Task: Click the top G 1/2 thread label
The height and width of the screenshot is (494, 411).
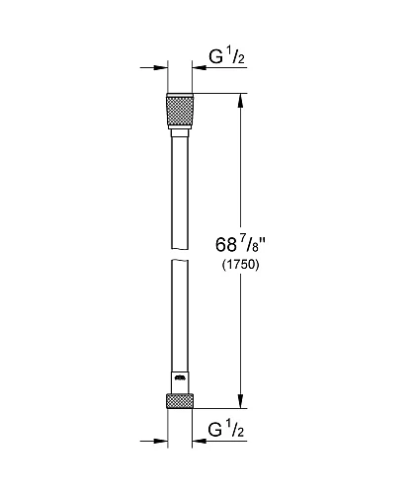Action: point(226,56)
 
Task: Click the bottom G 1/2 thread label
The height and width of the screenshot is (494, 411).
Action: point(226,430)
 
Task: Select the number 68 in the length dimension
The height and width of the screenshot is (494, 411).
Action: point(226,245)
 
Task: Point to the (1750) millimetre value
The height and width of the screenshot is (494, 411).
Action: point(240,265)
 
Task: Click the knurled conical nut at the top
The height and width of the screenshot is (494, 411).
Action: point(180,111)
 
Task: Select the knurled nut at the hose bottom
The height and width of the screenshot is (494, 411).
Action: point(180,401)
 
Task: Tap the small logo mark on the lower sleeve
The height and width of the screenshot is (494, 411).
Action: point(180,377)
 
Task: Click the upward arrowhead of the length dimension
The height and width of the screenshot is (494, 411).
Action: point(241,100)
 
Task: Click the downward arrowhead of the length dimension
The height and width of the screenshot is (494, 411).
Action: point(241,402)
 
